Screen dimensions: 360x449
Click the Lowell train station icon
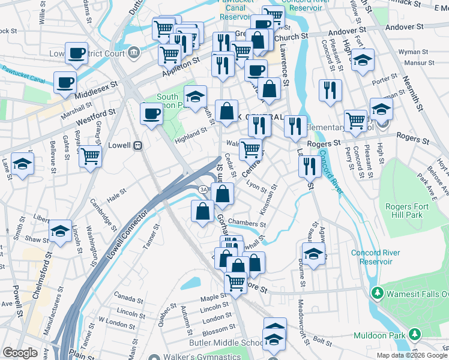(138, 145)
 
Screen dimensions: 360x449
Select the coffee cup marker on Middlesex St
(65, 82)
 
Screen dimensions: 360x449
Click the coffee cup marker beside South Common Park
(151, 113)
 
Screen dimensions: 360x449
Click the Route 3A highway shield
(203, 190)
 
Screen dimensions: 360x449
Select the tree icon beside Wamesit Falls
(377, 293)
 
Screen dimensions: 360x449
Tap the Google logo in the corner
(20, 353)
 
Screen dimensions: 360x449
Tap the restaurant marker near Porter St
(330, 91)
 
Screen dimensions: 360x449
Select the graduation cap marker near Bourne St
(313, 253)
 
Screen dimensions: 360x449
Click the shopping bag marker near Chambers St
(202, 212)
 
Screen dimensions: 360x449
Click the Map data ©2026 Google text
(412, 355)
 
